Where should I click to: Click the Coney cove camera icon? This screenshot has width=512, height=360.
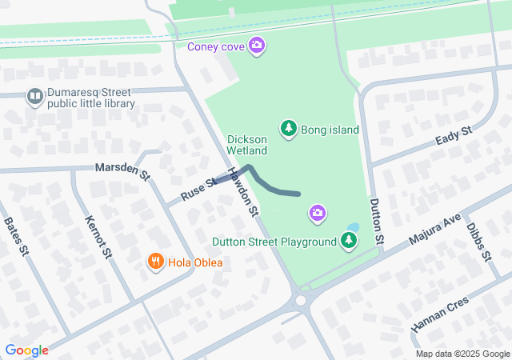pyautogui.click(x=256, y=44)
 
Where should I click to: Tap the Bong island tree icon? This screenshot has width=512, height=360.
pyautogui.click(x=288, y=128)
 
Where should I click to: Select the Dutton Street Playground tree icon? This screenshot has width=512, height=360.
pyautogui.click(x=348, y=239)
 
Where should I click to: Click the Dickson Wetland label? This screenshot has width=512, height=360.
pyautogui.click(x=246, y=143)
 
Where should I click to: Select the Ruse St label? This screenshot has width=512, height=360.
pyautogui.click(x=198, y=189)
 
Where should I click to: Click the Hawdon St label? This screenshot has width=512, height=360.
pyautogui.click(x=243, y=191)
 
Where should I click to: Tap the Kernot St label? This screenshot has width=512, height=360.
pyautogui.click(x=99, y=235)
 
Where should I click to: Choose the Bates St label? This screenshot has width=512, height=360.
pyautogui.click(x=16, y=237)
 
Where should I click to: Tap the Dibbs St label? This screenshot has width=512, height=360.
pyautogui.click(x=478, y=241)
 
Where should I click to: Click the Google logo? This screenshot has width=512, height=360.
pyautogui.click(x=26, y=350)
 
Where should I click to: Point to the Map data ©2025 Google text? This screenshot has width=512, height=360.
pyautogui.click(x=462, y=354)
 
